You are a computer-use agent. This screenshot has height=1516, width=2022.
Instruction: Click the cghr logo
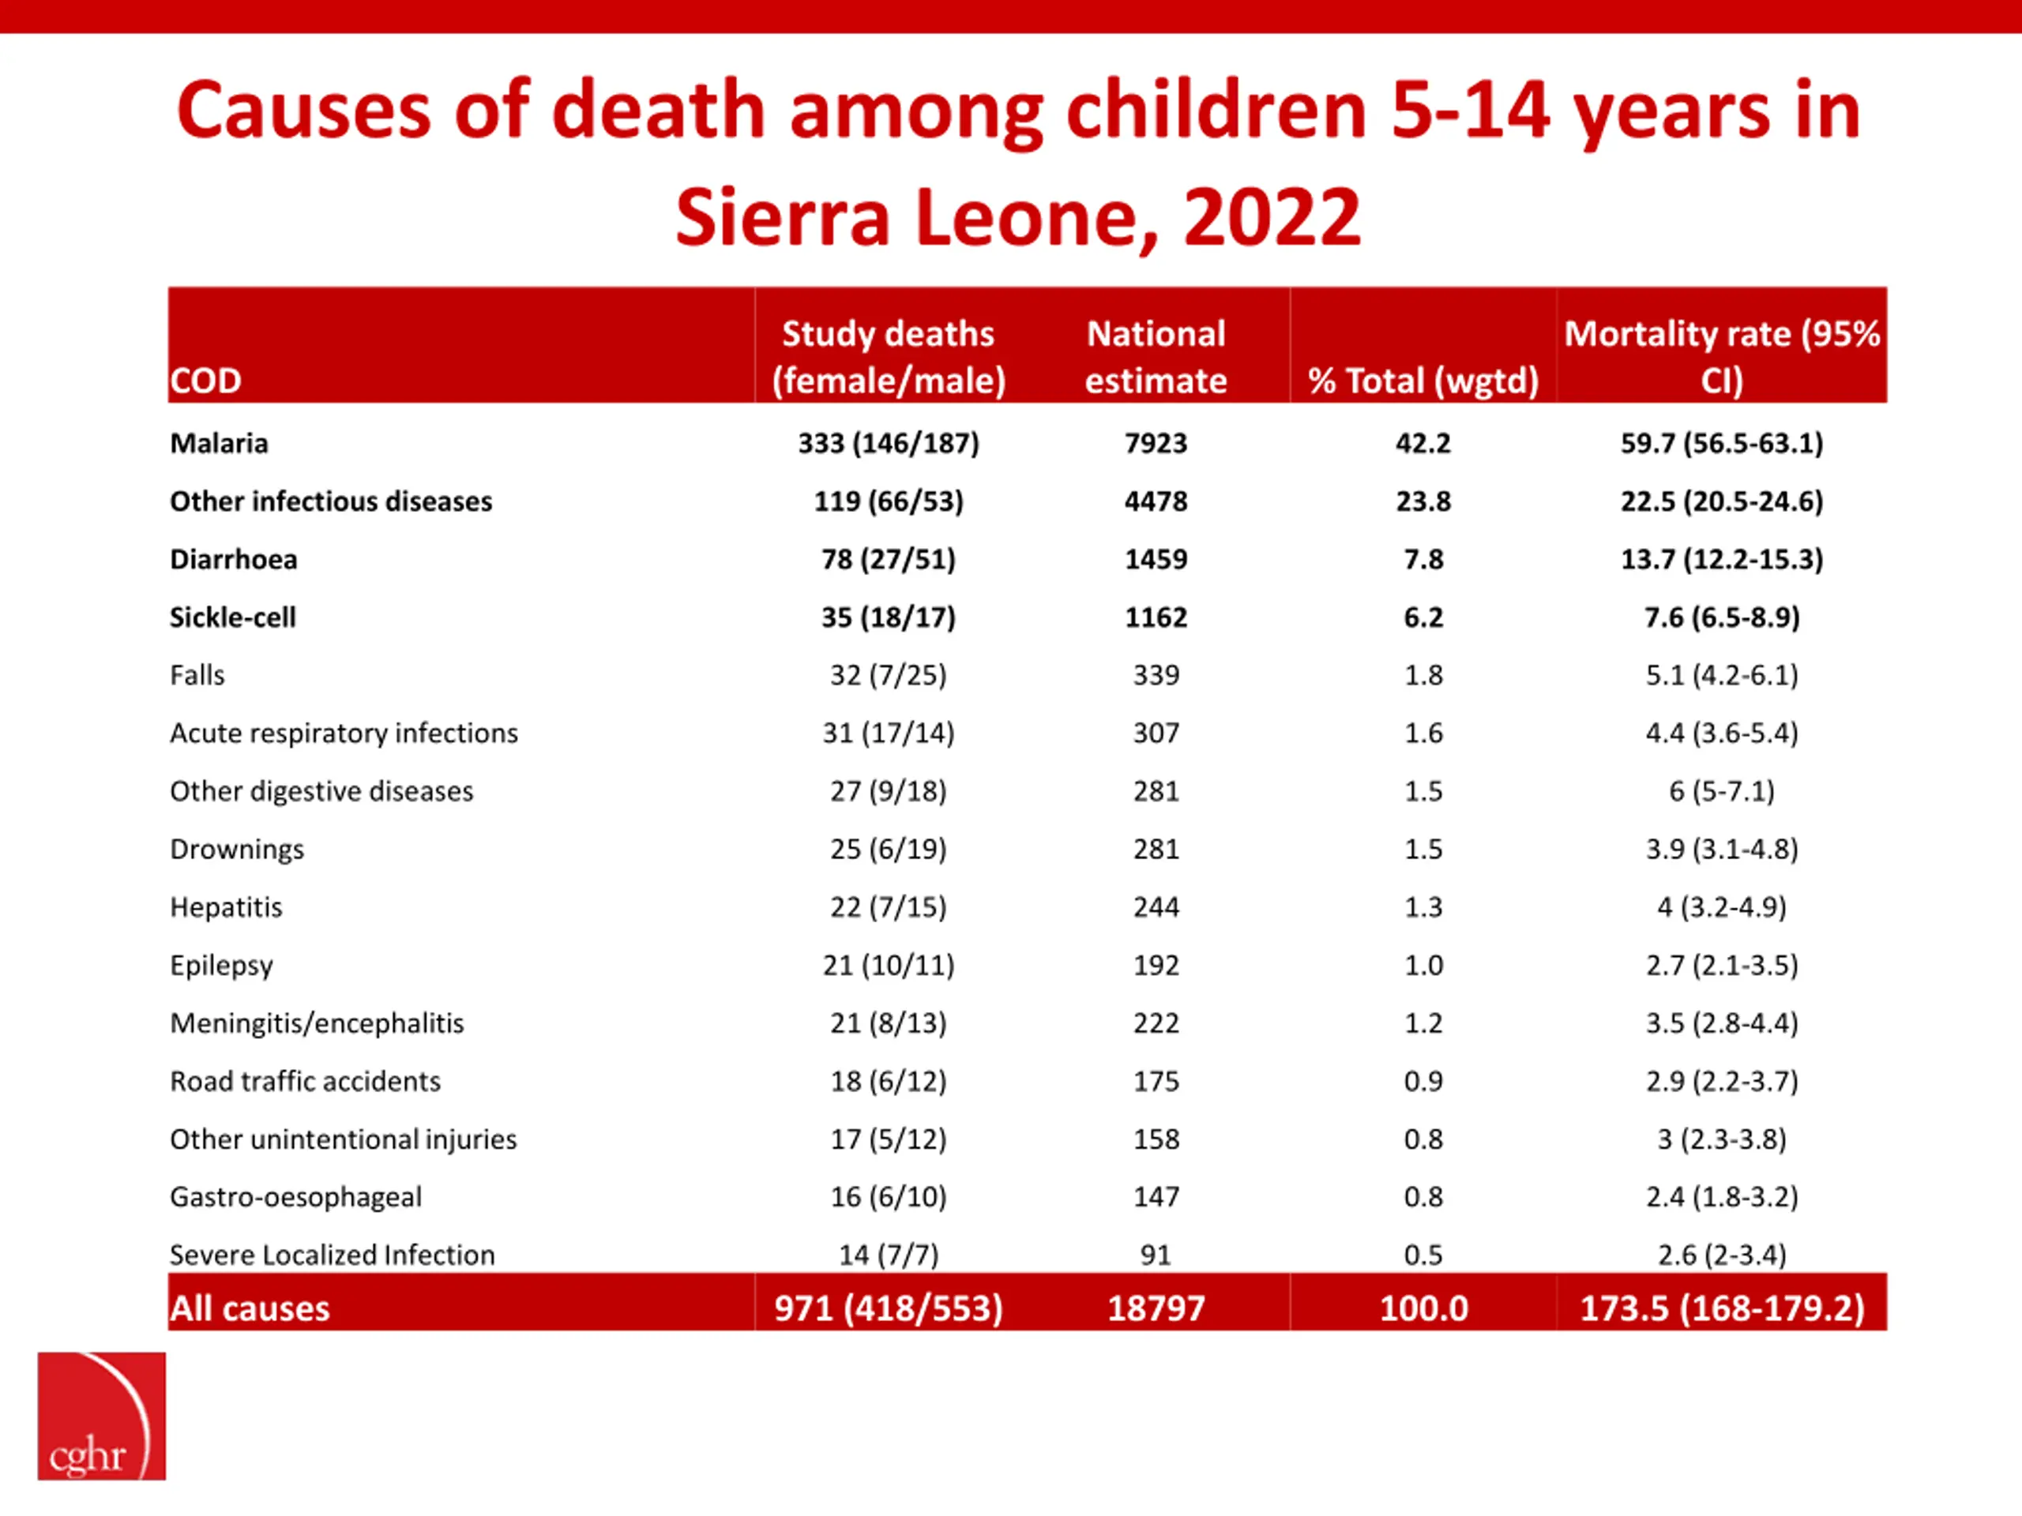pos(101,1416)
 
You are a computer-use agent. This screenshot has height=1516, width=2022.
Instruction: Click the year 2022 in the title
pos(1272,217)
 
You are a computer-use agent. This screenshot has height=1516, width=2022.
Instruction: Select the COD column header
pos(205,380)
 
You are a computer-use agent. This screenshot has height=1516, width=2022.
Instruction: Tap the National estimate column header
pos(1156,356)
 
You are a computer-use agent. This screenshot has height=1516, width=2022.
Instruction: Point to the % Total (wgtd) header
pos(1423,380)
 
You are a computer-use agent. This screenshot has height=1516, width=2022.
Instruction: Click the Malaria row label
pos(220,443)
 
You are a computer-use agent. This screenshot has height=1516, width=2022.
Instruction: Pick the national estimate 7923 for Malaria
pos(1156,443)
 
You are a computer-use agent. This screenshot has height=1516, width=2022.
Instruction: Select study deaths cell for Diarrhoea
pos(889,559)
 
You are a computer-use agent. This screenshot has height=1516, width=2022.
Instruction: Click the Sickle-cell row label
pos(233,617)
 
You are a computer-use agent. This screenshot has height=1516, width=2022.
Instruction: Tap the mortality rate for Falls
pos(1721,675)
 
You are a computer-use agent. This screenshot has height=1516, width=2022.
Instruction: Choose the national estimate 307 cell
pos(1156,733)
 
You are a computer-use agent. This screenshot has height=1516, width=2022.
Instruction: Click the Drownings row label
pos(237,849)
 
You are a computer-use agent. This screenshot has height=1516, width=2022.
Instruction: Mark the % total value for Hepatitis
pos(1423,907)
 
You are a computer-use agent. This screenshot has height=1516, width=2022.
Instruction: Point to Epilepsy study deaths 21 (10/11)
pos(889,965)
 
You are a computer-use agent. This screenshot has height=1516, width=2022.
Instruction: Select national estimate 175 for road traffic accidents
pos(1156,1081)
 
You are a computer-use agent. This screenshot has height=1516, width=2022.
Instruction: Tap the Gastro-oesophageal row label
pos(296,1197)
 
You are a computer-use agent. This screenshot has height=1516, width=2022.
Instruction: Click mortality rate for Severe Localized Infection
pos(1721,1255)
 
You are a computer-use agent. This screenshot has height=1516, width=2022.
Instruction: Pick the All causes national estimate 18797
pos(1156,1308)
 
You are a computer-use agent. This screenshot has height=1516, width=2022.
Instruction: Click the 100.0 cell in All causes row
pos(1423,1308)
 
